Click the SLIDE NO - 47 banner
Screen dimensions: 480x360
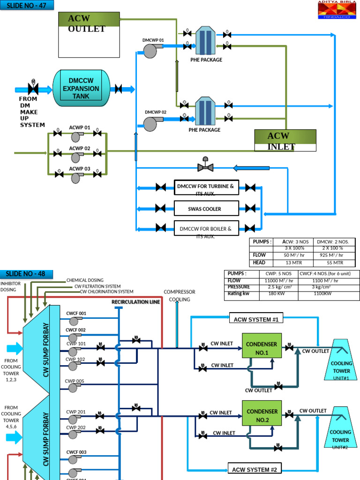pyautogui.click(x=27, y=6)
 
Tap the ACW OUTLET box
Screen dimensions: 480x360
pyautogui.click(x=89, y=35)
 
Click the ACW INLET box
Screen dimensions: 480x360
pyautogui.click(x=285, y=141)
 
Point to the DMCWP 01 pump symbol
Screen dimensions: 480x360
pyautogui.click(x=150, y=51)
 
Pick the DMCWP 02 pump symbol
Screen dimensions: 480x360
pyautogui.click(x=150, y=124)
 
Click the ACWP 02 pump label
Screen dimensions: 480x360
pyautogui.click(x=80, y=148)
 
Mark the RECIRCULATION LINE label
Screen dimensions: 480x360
pyautogui.click(x=135, y=302)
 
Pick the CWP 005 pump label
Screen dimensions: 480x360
pyautogui.click(x=75, y=381)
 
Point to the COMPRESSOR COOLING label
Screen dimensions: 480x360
pyautogui.click(x=179, y=295)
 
